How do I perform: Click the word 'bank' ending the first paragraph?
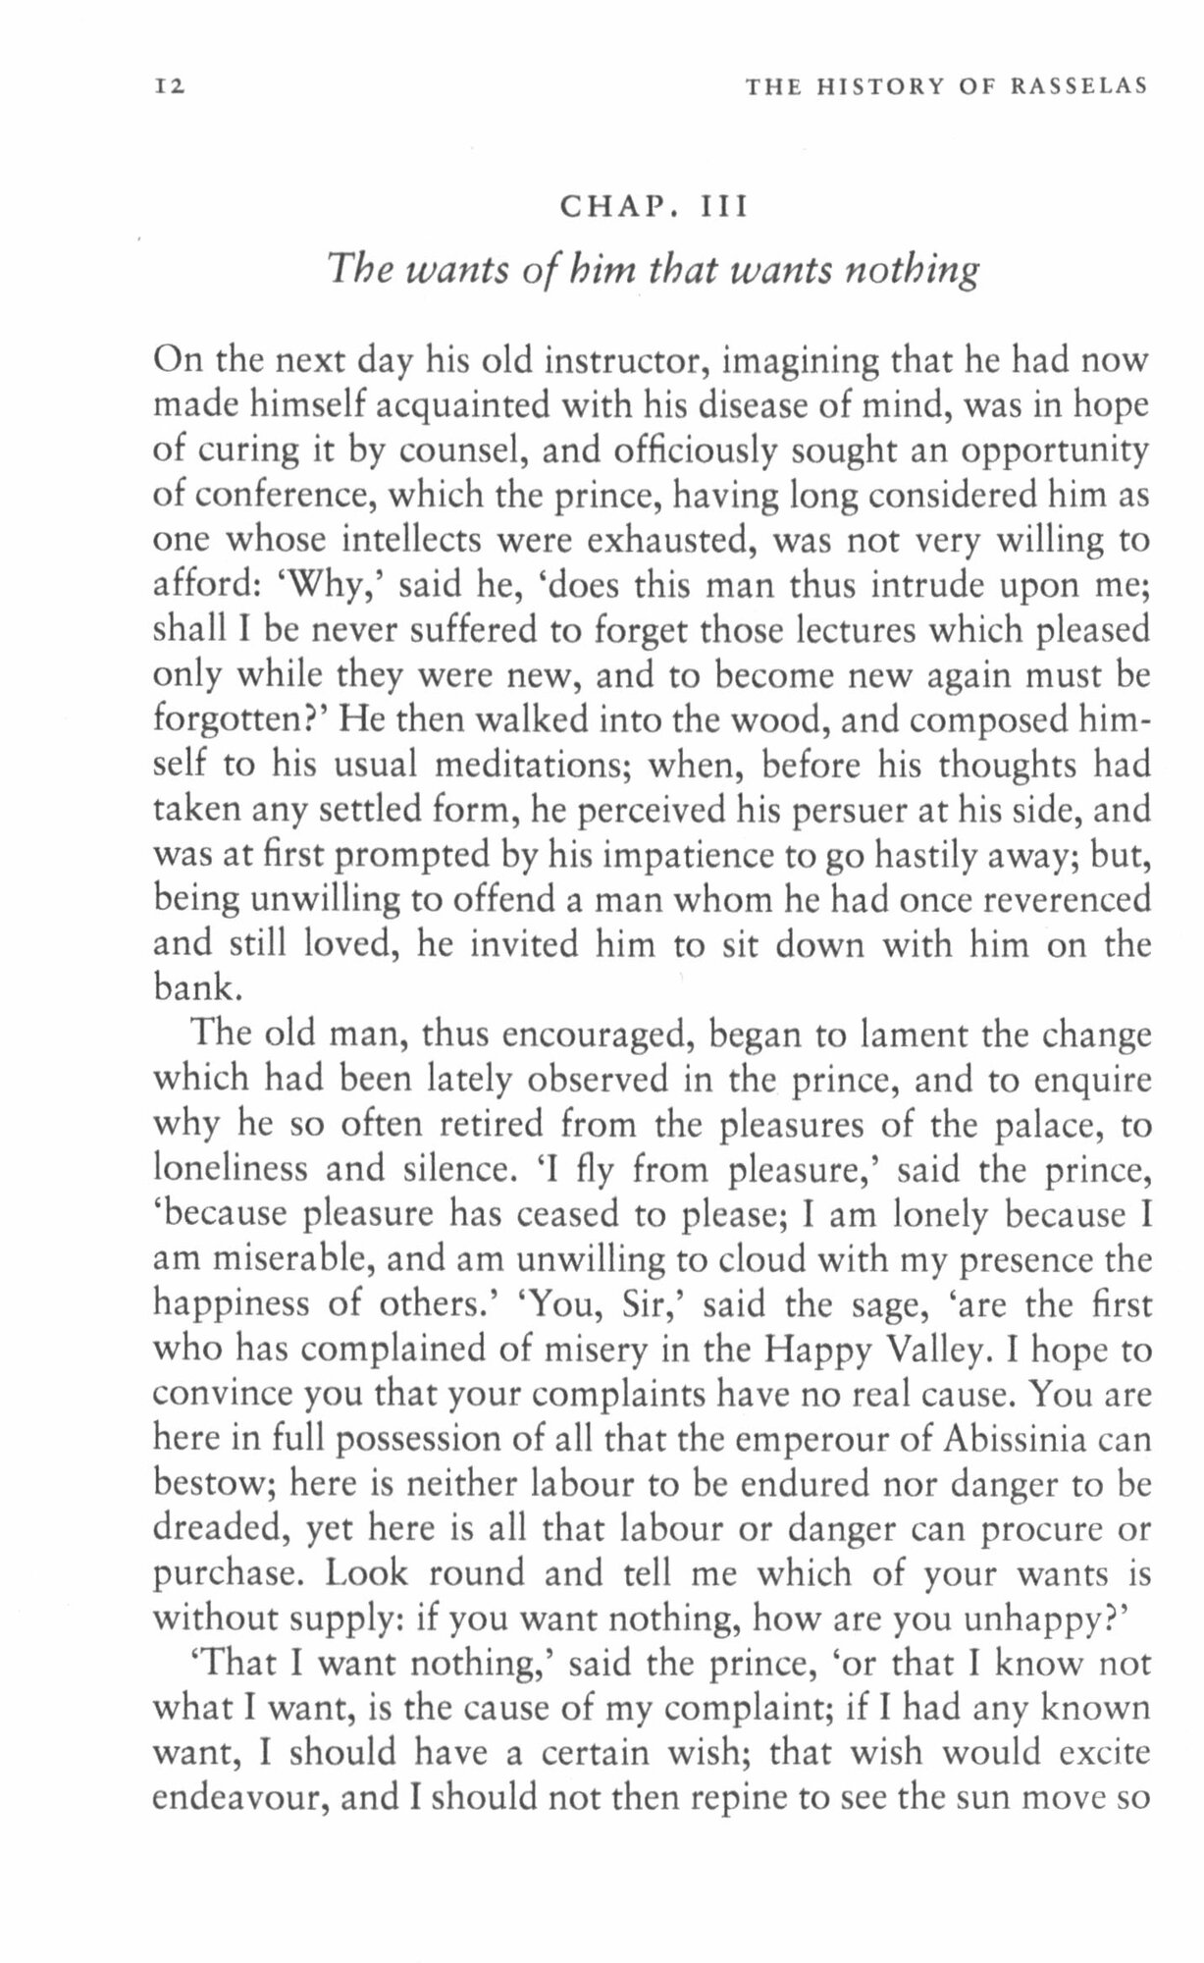tap(192, 988)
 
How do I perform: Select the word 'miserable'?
tap(288, 1259)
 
